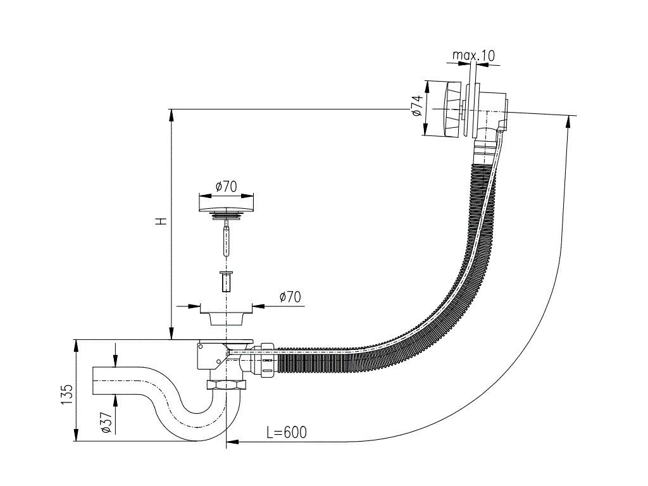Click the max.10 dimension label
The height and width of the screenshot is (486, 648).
click(x=473, y=56)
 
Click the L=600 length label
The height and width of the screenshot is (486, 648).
click(x=286, y=432)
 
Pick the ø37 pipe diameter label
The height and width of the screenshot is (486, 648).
click(x=106, y=420)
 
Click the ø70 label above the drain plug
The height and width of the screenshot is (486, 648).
click(x=225, y=186)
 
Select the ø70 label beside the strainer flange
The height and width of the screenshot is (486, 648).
click(x=289, y=296)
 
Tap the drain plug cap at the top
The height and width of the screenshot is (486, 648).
click(x=226, y=204)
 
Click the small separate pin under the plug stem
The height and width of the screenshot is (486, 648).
click(x=225, y=281)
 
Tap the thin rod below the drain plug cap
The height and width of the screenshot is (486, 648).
click(x=225, y=240)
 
